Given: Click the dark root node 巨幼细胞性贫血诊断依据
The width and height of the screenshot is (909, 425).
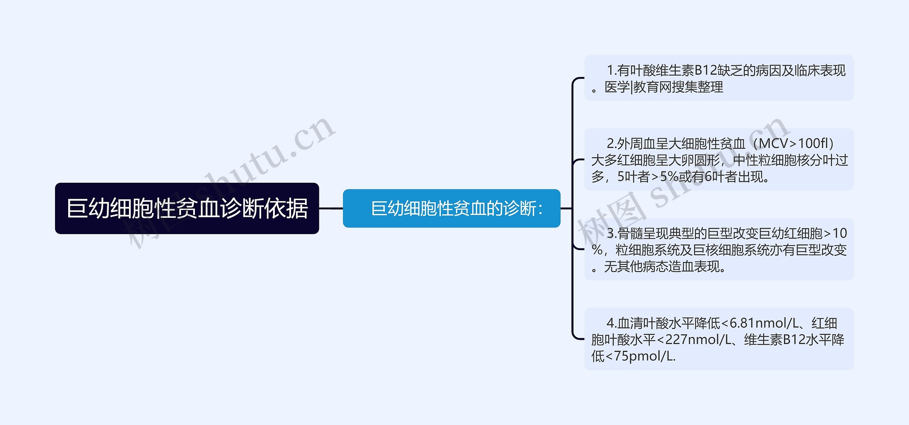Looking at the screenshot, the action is pos(187,208).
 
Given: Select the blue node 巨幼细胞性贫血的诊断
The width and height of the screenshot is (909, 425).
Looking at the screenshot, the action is pos(451,208).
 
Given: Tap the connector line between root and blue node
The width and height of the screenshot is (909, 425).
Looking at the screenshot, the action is pos(331,208).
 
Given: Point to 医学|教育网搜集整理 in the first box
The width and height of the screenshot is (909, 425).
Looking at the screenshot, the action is pos(664,87).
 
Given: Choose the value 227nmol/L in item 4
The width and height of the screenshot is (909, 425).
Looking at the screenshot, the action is pos(698,340).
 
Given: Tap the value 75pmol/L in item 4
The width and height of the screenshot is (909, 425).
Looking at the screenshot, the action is pos(644,356).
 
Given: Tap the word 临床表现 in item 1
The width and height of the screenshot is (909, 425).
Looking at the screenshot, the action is pos(820,71).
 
